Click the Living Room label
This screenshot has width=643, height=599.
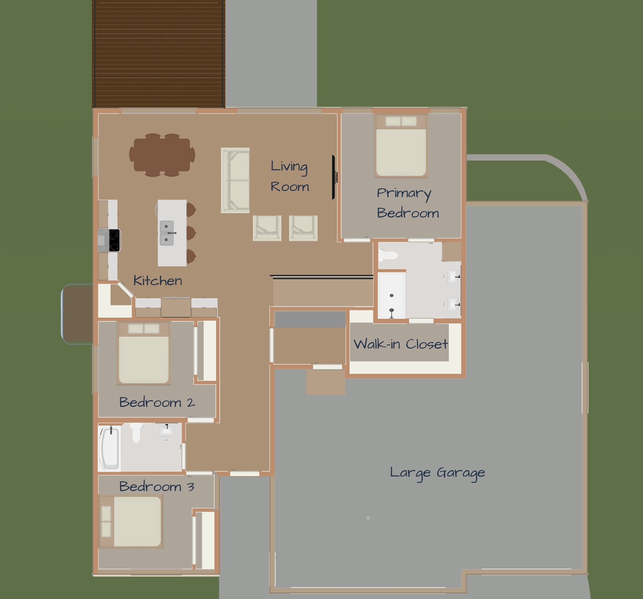point(290,176)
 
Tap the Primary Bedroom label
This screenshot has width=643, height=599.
point(408,203)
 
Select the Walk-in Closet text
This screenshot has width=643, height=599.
point(401,344)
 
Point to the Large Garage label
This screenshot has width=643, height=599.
point(437,473)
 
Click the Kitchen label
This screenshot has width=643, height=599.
point(157,281)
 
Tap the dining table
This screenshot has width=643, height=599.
point(162,155)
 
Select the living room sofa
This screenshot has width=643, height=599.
point(235,180)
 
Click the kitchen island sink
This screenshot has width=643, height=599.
point(167,233)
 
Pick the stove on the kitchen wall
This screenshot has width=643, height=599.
point(110,240)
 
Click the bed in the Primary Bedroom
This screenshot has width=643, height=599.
point(401,146)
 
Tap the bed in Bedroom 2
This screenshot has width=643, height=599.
point(144,353)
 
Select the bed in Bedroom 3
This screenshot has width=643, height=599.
point(131,521)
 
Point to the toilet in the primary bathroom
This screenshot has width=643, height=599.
point(388,255)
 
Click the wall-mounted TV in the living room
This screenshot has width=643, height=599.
point(334,177)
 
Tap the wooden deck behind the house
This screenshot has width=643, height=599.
point(158,54)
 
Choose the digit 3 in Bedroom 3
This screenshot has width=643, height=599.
point(191,486)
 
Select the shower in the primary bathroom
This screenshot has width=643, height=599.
point(391,295)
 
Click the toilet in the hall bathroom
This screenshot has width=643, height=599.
point(136,433)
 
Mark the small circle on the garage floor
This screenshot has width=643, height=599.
point(368,518)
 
